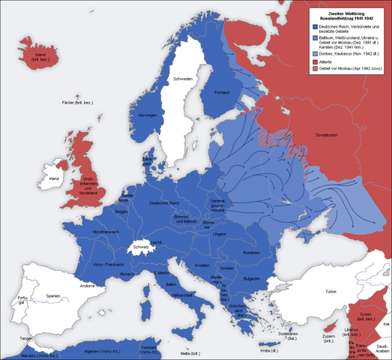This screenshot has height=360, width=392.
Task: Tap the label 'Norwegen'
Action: point(147,115)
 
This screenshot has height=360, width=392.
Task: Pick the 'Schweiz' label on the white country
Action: point(142,247)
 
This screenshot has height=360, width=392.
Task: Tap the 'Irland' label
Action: point(53,179)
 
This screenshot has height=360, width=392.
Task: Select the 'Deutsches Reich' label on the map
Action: point(164,204)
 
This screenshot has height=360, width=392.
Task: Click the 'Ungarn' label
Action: point(219,233)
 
